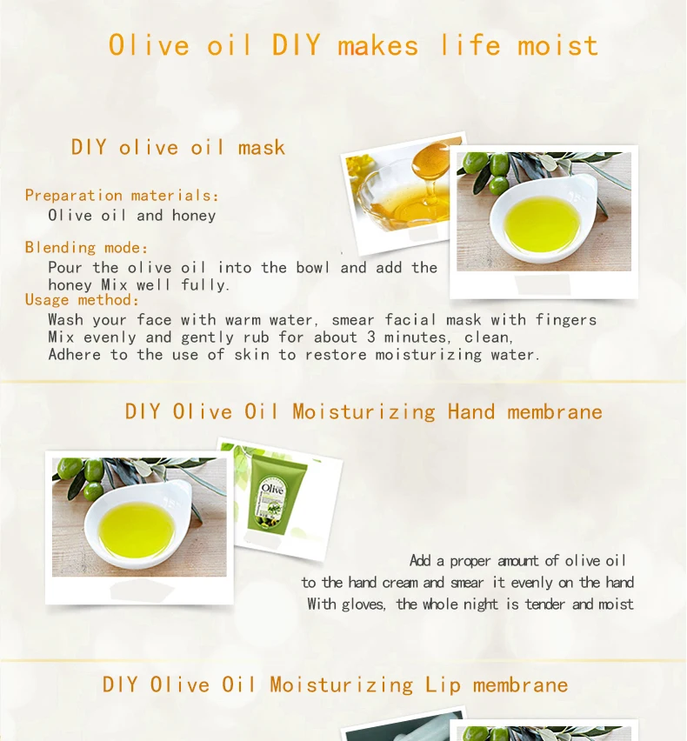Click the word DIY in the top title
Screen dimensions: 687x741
(x=296, y=45)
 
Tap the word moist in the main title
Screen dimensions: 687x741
(x=557, y=45)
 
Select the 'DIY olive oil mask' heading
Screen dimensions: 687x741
(x=178, y=147)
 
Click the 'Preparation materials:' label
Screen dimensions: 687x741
(x=122, y=195)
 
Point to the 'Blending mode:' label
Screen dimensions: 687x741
(x=86, y=247)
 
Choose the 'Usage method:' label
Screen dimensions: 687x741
(x=83, y=299)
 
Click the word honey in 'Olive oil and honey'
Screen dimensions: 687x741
(x=194, y=216)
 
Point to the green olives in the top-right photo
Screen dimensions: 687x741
(x=486, y=171)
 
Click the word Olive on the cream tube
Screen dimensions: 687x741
(x=273, y=488)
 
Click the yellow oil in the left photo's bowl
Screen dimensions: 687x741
(x=137, y=530)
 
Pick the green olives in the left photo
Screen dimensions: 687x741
(x=81, y=477)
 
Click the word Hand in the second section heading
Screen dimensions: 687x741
(x=471, y=411)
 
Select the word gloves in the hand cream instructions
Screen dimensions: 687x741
(x=363, y=604)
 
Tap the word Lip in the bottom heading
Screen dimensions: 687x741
(x=443, y=685)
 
